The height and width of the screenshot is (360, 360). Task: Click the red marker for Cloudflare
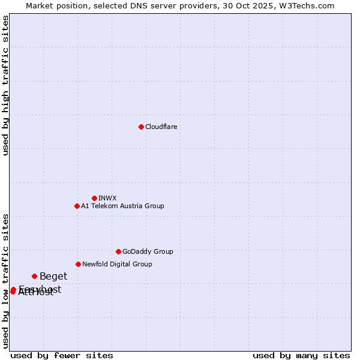pos(141,127)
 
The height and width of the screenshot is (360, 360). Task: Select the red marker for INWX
pos(94,198)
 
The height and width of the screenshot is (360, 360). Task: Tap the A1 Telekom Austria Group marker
pos(77,206)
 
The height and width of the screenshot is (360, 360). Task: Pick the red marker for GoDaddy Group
pos(118,251)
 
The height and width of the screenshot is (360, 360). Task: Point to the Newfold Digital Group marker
pos(78,264)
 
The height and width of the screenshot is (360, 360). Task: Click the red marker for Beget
pos(34,276)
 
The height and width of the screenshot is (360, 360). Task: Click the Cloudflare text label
pos(161,127)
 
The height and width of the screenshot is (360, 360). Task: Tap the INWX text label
pos(107,198)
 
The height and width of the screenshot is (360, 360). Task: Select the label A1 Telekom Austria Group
pos(122,206)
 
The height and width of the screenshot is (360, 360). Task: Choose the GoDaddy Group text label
pos(148,251)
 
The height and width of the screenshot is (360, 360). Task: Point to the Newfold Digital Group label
pos(117,264)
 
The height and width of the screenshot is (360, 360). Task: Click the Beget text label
pos(53,277)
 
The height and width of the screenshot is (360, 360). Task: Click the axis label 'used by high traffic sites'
pos(6,85)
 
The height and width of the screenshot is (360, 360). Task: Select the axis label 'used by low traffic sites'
pos(6,281)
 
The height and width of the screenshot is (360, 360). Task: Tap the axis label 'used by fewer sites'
pos(62,355)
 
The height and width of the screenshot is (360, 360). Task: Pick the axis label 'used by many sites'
pos(301,355)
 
